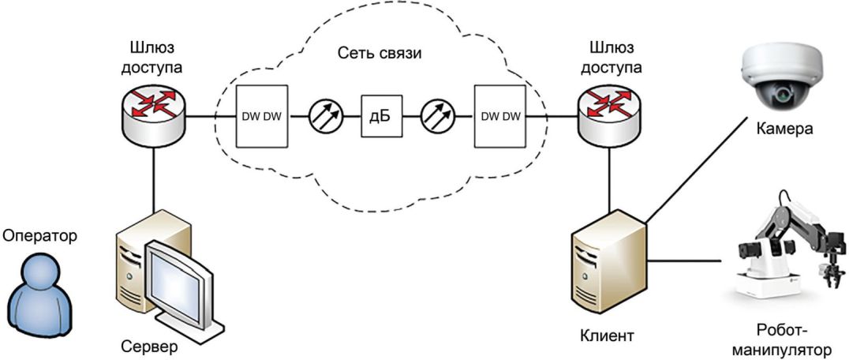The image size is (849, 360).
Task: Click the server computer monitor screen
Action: (180, 276)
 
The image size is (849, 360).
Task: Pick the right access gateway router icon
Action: (607, 114)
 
